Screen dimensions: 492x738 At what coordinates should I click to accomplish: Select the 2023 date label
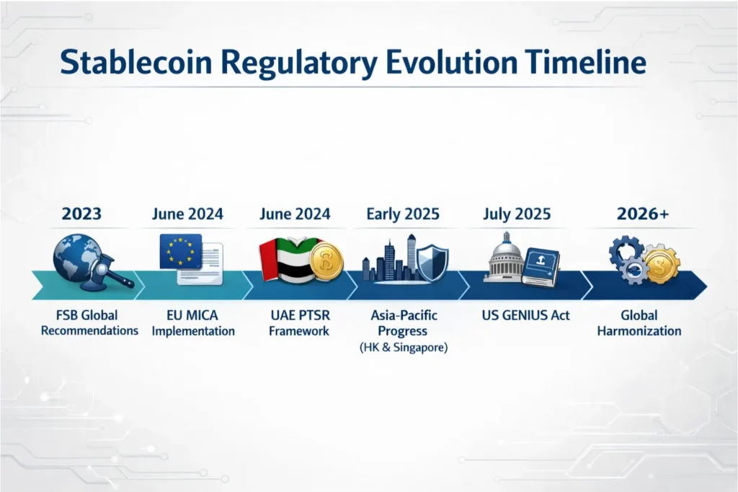click(81, 214)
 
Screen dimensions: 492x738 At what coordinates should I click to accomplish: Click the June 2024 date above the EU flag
click(187, 214)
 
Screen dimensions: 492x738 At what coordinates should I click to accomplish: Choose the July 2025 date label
click(517, 214)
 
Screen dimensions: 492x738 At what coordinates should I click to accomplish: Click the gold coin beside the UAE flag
click(326, 262)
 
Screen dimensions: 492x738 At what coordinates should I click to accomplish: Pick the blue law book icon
click(541, 265)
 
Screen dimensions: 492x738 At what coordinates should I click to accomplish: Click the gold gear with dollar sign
click(662, 263)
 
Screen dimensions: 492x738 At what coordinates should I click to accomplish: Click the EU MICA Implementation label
click(197, 323)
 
